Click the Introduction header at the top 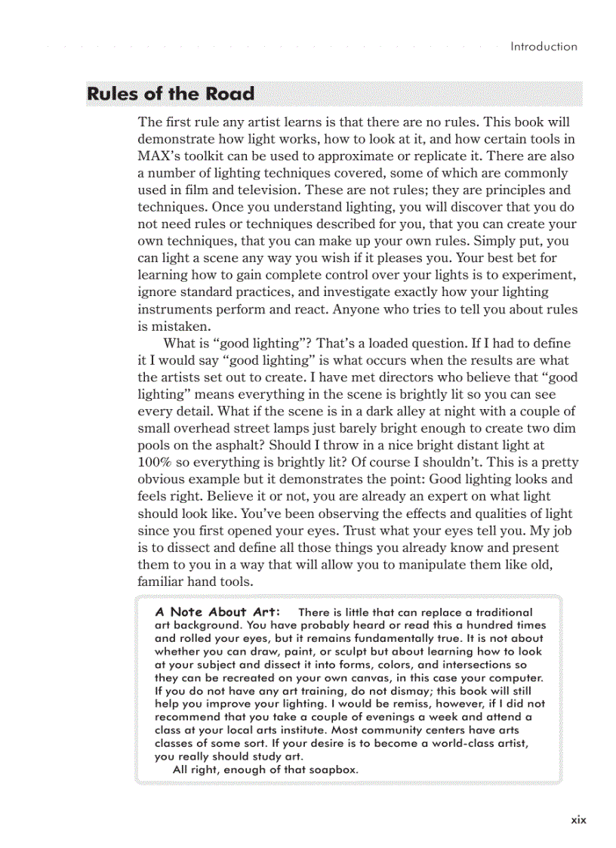(544, 46)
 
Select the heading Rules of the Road (171, 94)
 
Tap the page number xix (578, 819)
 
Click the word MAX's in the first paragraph (159, 156)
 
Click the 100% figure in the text (156, 462)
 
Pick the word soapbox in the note (330, 769)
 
